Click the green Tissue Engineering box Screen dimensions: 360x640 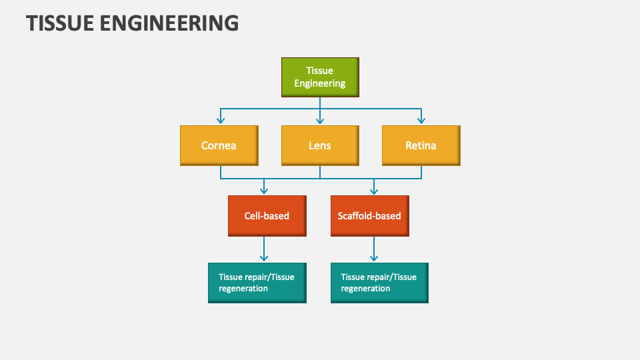point(320,77)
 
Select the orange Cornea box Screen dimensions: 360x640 point(219,145)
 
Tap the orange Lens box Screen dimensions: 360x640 point(320,145)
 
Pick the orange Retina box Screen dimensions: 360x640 point(421,145)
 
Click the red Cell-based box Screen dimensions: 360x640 point(267,215)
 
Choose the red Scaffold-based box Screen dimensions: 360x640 point(369,215)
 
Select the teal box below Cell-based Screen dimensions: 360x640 point(257,283)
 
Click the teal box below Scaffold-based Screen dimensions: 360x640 point(379,283)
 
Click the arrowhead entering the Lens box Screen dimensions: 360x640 point(320,121)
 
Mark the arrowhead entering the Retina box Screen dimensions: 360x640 point(421,121)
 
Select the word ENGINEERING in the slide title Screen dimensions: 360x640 point(171,23)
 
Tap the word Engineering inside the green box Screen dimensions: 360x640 point(320,84)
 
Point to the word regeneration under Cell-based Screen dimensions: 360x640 point(243,289)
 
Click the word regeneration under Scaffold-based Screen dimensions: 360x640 point(365,289)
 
